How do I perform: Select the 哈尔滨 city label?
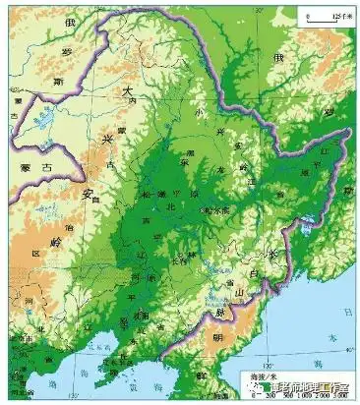(x=214, y=209)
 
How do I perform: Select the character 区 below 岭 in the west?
(x=39, y=254)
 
